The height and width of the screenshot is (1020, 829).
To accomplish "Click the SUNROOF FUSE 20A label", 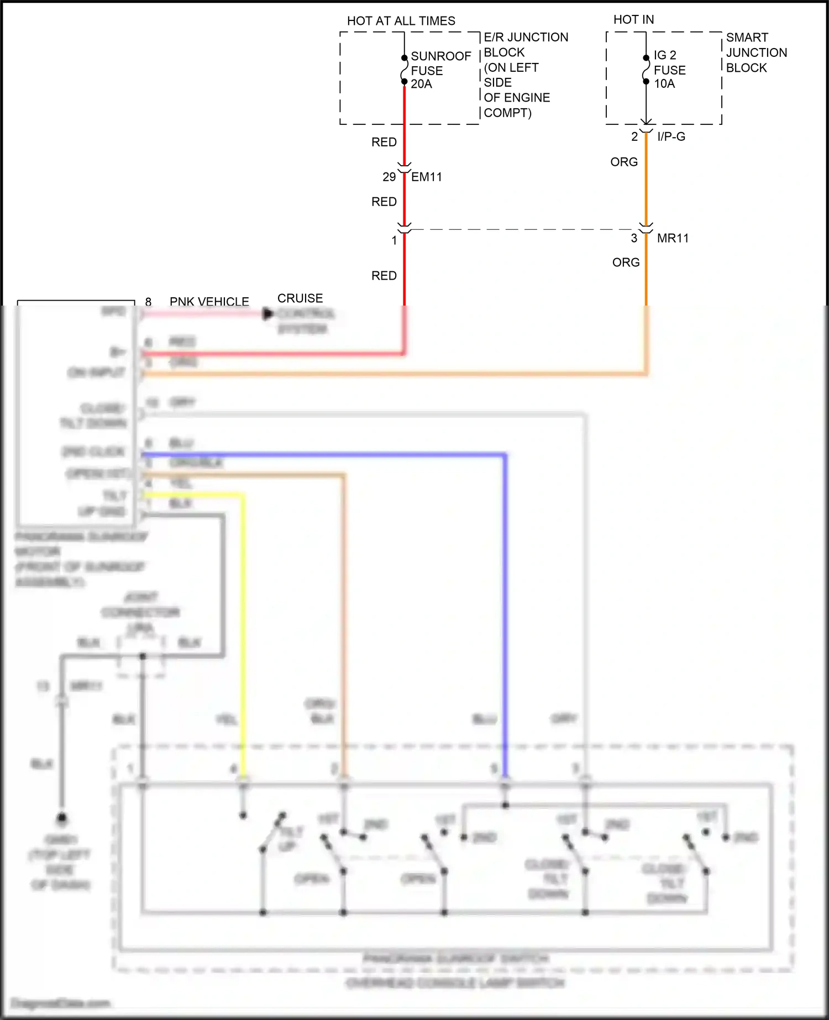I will click(440, 70).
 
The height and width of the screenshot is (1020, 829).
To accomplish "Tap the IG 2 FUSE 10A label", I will click(669, 70).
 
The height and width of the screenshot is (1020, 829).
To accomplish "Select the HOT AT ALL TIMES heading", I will click(401, 21).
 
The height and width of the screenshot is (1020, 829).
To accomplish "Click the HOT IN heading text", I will click(633, 20).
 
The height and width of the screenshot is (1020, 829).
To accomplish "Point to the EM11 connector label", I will click(426, 177).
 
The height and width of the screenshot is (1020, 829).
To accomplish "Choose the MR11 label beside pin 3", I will click(673, 238).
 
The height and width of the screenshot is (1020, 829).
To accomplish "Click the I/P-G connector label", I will click(671, 136).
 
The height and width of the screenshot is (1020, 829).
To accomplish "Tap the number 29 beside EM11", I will click(389, 177).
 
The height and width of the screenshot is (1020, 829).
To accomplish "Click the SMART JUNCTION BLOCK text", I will click(755, 52).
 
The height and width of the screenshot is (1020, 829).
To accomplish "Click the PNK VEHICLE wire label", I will click(209, 302).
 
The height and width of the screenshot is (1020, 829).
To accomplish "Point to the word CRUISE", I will click(300, 298).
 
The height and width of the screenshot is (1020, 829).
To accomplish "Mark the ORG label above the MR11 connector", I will click(624, 162).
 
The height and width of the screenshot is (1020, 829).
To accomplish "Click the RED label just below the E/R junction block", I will click(384, 142).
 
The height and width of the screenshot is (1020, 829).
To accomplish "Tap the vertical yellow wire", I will click(243, 635).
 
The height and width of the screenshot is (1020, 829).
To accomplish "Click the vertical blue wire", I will click(505, 608).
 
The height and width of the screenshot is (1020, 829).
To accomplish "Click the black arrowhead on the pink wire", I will click(268, 314).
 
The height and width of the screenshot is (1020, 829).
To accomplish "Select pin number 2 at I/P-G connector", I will click(634, 136).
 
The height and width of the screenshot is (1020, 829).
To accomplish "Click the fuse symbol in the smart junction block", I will click(646, 70).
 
